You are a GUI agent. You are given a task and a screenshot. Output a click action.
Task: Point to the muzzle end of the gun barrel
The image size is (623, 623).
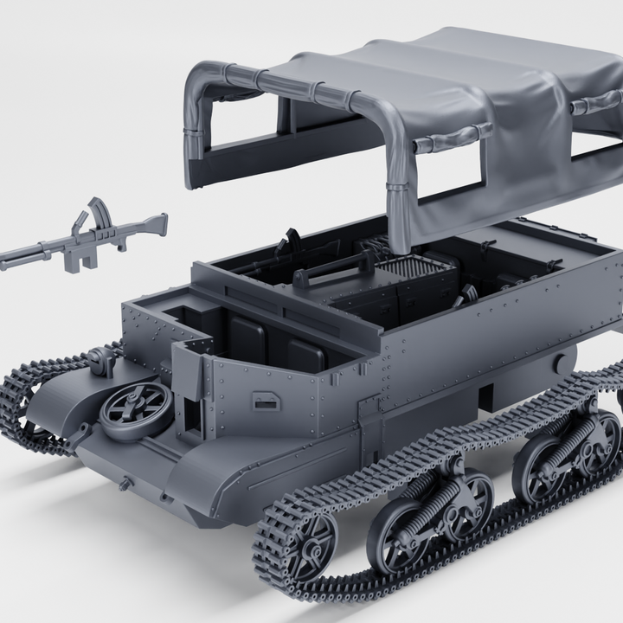coord(7,258)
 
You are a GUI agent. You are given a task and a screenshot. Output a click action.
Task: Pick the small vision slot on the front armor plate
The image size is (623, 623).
coord(265,401)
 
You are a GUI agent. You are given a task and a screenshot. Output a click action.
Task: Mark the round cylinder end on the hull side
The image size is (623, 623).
coord(564,362)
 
